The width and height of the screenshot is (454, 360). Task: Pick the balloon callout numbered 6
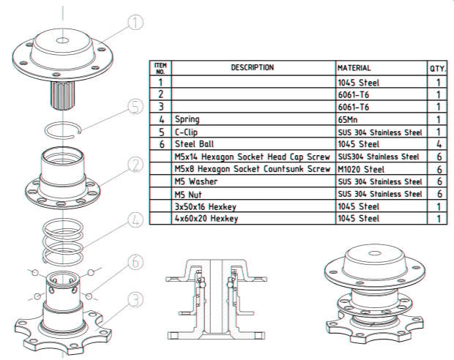coord(135,261)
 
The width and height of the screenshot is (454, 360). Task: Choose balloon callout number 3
coord(135,299)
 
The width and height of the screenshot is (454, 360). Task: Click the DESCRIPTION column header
coord(253,68)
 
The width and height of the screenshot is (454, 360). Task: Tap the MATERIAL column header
coord(381,68)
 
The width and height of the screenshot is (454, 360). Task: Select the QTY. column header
coord(438,68)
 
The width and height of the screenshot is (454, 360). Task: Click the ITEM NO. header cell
coord(160,68)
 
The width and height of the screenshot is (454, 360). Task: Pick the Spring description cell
coord(253,119)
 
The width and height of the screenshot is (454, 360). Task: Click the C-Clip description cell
coord(253,132)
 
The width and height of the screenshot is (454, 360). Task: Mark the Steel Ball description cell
coord(253,144)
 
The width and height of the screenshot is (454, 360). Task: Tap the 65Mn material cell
coord(381,119)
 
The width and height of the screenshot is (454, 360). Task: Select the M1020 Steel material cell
coord(381,169)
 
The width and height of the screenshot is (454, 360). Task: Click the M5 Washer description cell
coord(253,181)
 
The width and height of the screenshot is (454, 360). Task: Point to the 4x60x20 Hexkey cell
coord(253,218)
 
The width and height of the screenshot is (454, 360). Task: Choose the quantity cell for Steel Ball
coord(438,144)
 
